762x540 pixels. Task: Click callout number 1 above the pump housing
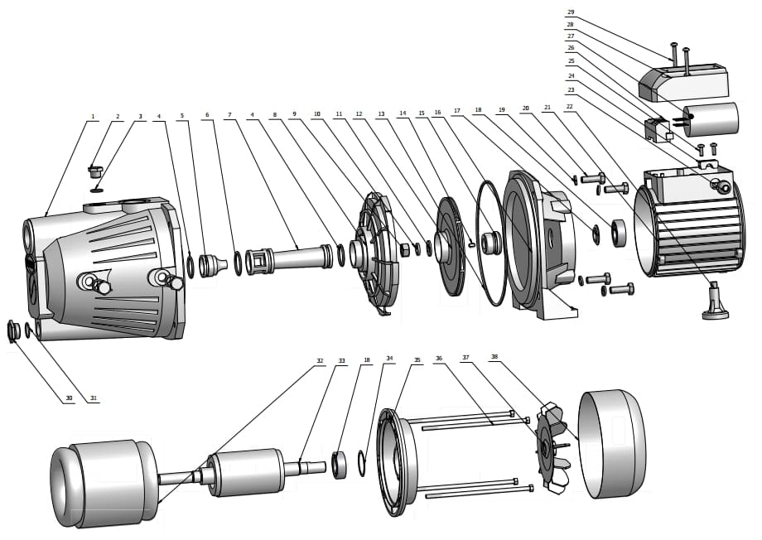[94, 116]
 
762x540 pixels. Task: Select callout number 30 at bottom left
[70, 398]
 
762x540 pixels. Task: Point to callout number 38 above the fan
[494, 358]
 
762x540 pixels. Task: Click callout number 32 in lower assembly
[320, 361]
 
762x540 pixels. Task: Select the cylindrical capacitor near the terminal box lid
[711, 118]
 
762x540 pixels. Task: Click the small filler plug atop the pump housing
[94, 172]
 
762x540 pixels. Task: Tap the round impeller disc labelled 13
[451, 246]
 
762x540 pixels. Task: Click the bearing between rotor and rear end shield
[338, 465]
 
